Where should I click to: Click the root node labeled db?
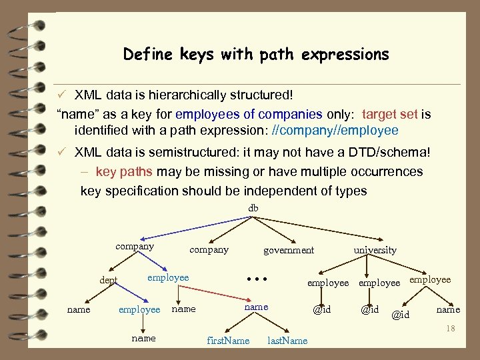[253, 209]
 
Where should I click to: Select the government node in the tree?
[289, 250]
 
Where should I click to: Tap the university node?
[375, 250]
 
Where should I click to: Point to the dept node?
[109, 281]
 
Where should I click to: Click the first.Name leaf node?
[228, 341]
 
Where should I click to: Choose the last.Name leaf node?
[287, 341]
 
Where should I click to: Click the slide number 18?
[451, 328]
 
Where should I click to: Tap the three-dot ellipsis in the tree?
[257, 279]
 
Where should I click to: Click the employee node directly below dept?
[139, 309]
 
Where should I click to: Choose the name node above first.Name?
[256, 307]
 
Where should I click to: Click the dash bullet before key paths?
[85, 171]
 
